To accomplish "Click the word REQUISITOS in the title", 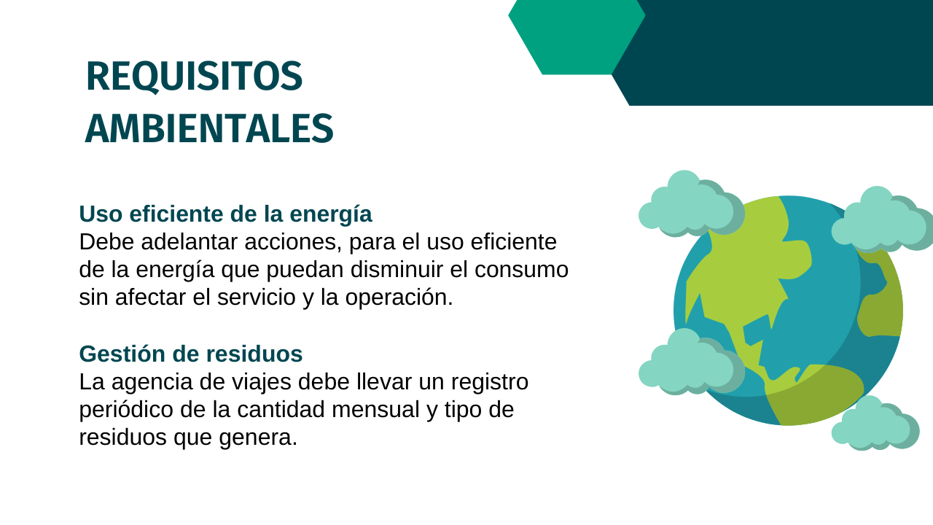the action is pyautogui.click(x=194, y=77).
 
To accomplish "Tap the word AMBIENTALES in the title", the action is pyautogui.click(x=209, y=129).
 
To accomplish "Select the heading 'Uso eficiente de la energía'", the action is pyautogui.click(x=225, y=214).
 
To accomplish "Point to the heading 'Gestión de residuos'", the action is pyautogui.click(x=191, y=354).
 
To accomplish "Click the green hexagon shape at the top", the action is pyautogui.click(x=577, y=37).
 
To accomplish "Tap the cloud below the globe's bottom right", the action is pyautogui.click(x=875, y=423).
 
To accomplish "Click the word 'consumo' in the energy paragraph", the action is pyautogui.click(x=521, y=270).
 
